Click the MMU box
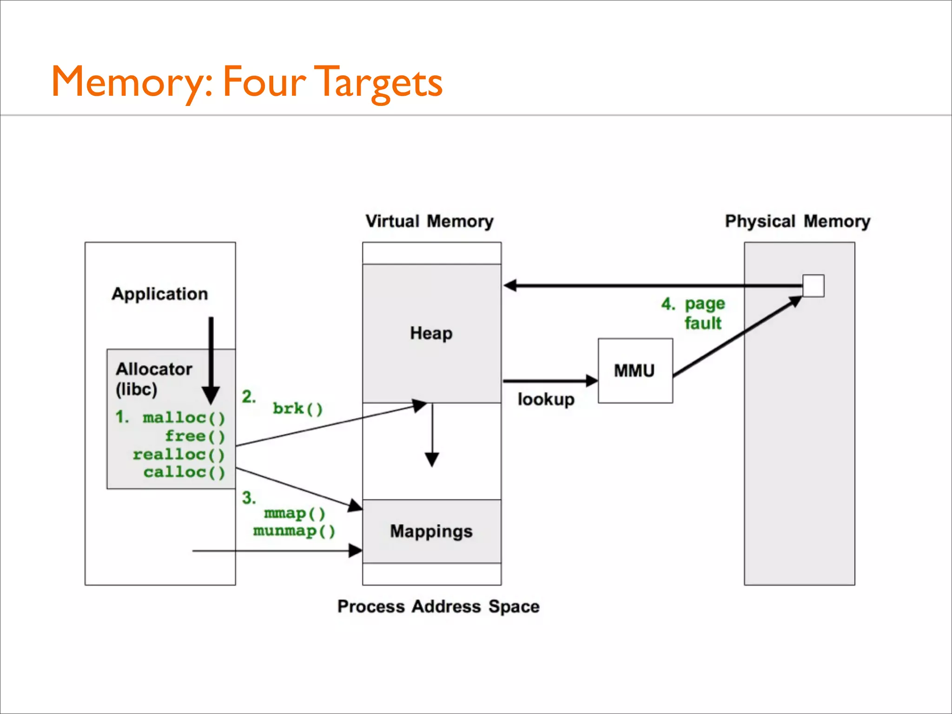click(635, 370)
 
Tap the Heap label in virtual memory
click(431, 333)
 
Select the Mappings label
click(431, 531)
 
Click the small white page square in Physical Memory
click(813, 285)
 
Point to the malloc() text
click(184, 417)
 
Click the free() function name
click(195, 436)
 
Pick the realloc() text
click(178, 454)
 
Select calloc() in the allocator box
click(184, 472)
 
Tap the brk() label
click(297, 409)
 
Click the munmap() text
click(294, 531)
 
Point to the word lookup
click(546, 399)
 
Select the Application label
click(159, 294)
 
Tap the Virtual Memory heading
click(429, 221)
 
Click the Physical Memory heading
click(797, 221)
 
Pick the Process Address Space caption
click(438, 606)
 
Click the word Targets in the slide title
click(378, 82)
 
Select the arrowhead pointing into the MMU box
click(592, 381)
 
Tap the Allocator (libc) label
click(153, 379)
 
